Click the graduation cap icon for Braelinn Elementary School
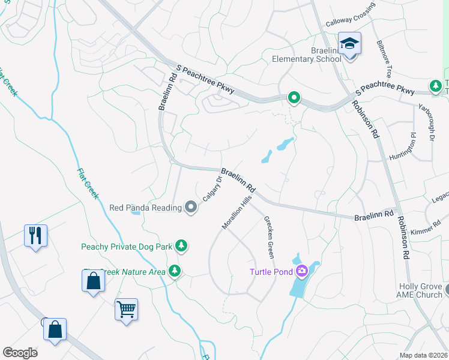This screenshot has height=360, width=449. click(x=349, y=44)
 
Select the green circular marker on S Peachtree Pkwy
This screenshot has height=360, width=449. click(x=294, y=97)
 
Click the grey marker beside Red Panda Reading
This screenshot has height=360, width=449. click(x=191, y=208)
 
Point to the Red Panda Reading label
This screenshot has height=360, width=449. click(x=145, y=208)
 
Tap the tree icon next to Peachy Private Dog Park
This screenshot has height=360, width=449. click(x=181, y=245)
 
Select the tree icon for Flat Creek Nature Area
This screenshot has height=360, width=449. click(x=175, y=271)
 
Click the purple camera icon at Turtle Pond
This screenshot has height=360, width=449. click(x=301, y=271)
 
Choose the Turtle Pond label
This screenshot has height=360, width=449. click(x=271, y=272)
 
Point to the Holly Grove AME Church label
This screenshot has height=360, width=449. click(x=420, y=290)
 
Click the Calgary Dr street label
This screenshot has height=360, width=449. click(x=212, y=188)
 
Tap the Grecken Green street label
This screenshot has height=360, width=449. click(x=269, y=237)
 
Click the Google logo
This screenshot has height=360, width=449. click(x=20, y=353)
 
